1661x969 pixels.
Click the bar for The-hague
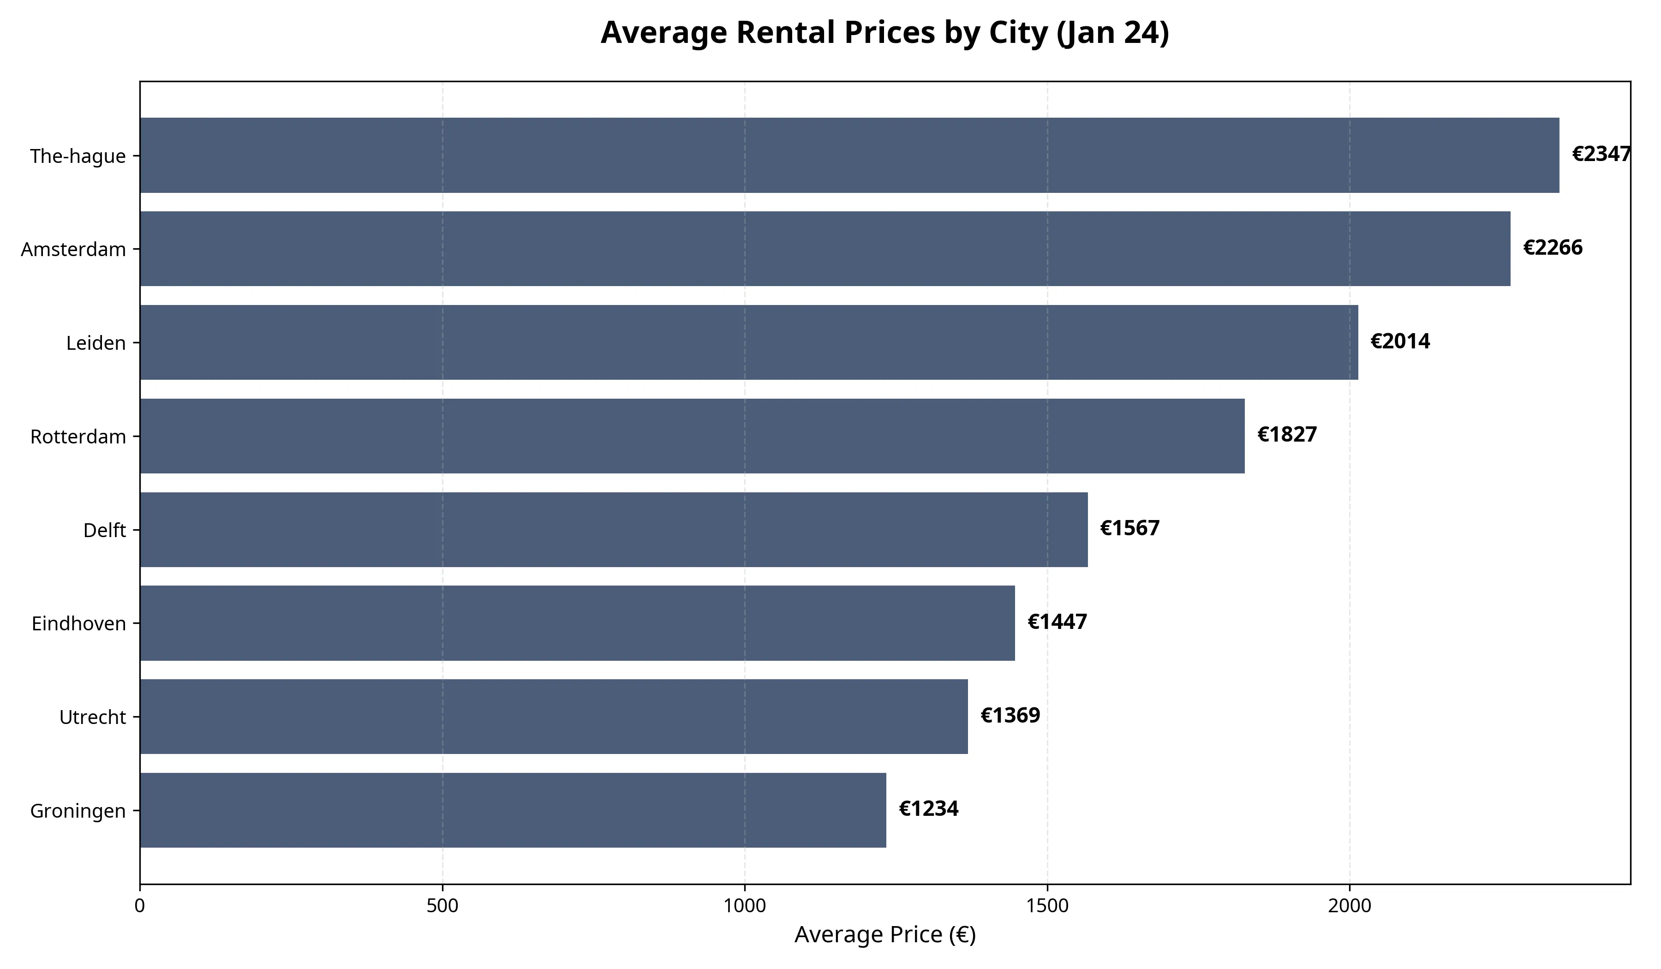[x=849, y=156]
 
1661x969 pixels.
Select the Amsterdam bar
[x=825, y=249]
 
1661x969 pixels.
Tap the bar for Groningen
[x=513, y=810]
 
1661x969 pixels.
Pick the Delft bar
[x=614, y=529]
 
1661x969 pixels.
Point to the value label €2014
[x=1400, y=341]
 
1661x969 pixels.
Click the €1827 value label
[x=1287, y=435]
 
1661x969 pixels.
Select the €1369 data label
[x=1010, y=716]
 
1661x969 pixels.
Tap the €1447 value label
[x=1057, y=622]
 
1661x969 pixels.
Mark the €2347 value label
[x=1601, y=154]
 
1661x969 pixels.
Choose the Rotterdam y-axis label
[x=78, y=437]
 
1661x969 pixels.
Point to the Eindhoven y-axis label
[x=78, y=623]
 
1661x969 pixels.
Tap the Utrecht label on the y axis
[x=92, y=717]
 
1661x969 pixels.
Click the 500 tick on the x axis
[x=442, y=906]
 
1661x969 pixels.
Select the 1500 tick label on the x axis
[x=1047, y=906]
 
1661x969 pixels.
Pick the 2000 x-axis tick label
[x=1349, y=906]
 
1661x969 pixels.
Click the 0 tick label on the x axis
[x=140, y=906]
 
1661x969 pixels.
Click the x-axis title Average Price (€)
[x=884, y=935]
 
